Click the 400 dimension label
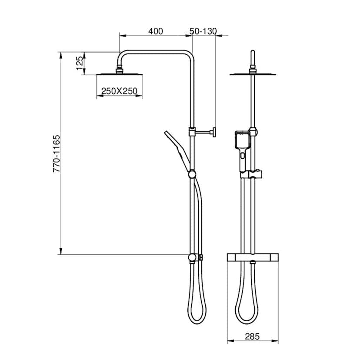[155, 31]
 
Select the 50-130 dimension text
[203, 31]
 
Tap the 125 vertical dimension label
[80, 63]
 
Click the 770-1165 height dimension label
[56, 154]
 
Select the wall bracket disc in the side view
[214, 132]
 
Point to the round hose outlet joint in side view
[192, 258]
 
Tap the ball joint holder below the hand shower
[191, 175]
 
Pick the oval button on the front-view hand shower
[242, 154]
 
